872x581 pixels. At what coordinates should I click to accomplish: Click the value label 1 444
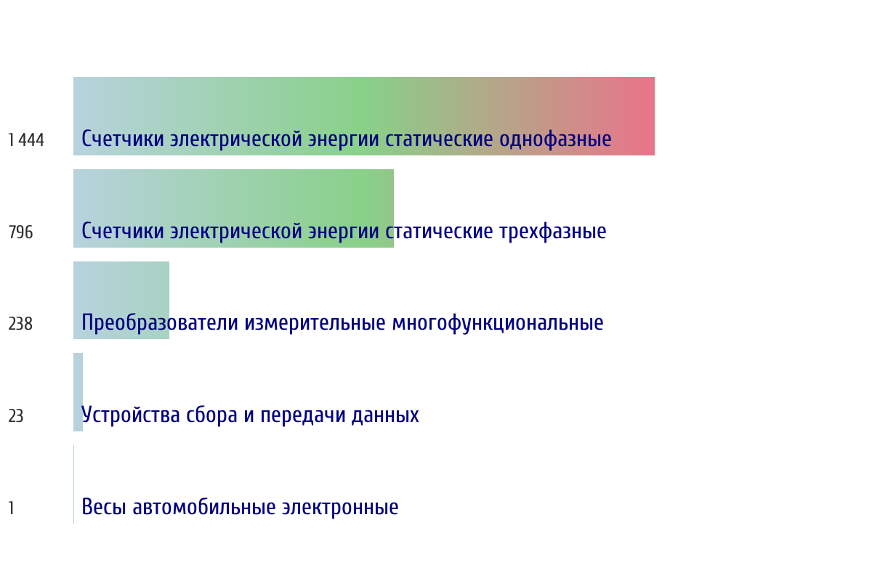26,140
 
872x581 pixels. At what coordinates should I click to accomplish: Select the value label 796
20,232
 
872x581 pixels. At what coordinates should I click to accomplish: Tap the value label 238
20,324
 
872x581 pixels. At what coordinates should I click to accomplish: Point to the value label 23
16,416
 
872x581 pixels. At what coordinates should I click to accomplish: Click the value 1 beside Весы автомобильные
12,508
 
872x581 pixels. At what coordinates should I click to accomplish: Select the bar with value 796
233,208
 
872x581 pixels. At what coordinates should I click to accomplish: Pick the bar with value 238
121,300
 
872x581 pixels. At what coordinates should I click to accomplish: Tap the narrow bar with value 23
78,392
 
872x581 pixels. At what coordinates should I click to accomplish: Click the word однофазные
555,139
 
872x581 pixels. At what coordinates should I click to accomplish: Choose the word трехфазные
553,231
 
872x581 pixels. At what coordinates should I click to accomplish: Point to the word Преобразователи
160,323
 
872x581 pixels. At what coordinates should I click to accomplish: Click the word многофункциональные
498,323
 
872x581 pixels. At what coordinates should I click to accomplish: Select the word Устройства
131,415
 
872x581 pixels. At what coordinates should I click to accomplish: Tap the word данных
385,415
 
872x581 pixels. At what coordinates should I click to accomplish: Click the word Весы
103,507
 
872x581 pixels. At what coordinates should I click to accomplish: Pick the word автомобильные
204,507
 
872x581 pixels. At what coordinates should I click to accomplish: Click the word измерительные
315,323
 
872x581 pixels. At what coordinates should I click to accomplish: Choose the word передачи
302,415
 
